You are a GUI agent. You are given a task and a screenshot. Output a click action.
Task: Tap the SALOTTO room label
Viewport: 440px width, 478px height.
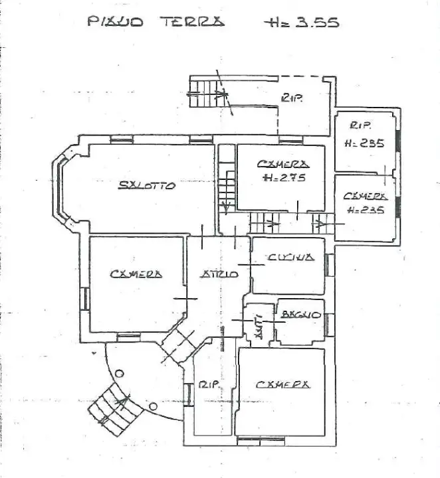click(147, 186)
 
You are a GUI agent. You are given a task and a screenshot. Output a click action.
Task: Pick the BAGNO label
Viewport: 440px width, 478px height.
click(301, 313)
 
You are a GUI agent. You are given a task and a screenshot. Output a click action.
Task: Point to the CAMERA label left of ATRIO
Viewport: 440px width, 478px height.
click(136, 273)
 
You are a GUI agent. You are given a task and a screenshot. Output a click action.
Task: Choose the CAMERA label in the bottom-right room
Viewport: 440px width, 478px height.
click(281, 384)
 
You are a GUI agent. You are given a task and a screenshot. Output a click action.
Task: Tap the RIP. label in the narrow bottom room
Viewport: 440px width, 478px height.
click(207, 384)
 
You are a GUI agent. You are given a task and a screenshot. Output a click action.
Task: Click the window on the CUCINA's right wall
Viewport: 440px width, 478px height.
click(329, 264)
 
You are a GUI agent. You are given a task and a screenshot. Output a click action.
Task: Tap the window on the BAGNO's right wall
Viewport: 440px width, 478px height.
click(329, 323)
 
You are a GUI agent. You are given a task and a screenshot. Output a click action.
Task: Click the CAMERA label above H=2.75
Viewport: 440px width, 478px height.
click(283, 163)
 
